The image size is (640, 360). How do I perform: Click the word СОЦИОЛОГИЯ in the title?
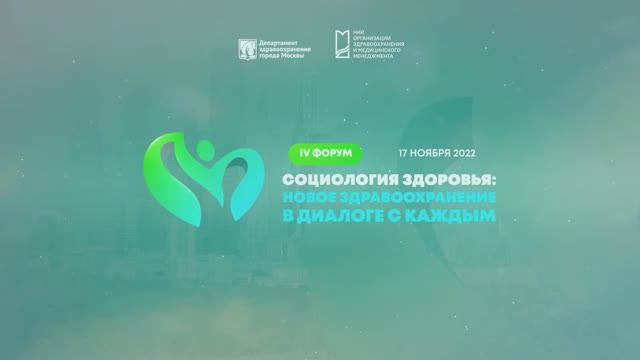[x=330, y=175]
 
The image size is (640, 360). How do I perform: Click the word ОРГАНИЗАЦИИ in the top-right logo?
[x=380, y=41]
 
